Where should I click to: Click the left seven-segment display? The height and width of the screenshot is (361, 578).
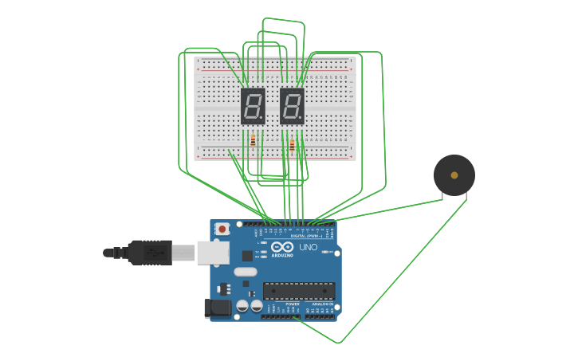click(x=253, y=106)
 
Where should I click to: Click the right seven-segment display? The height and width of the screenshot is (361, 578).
click(x=292, y=106)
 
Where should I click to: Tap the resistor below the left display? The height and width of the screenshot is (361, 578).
click(x=253, y=141)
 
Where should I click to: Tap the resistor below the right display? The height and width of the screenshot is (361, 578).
click(x=292, y=146)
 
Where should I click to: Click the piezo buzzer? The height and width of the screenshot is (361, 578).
click(x=454, y=175)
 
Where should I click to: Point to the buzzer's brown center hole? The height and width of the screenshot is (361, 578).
click(x=454, y=175)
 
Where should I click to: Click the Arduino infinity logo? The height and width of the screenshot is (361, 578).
click(x=282, y=247)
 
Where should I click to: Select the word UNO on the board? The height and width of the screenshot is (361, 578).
click(x=308, y=247)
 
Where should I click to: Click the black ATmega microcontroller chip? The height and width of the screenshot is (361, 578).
click(x=299, y=291)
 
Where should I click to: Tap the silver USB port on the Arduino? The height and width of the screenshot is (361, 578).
click(x=213, y=253)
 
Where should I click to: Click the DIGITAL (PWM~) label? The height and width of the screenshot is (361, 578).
click(x=306, y=236)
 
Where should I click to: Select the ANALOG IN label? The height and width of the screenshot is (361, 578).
click(x=322, y=304)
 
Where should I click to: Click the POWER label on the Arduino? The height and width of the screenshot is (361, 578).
click(x=292, y=304)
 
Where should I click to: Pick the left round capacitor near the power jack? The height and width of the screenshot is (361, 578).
click(x=242, y=305)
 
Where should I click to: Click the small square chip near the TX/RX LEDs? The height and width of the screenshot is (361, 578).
click(x=247, y=256)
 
